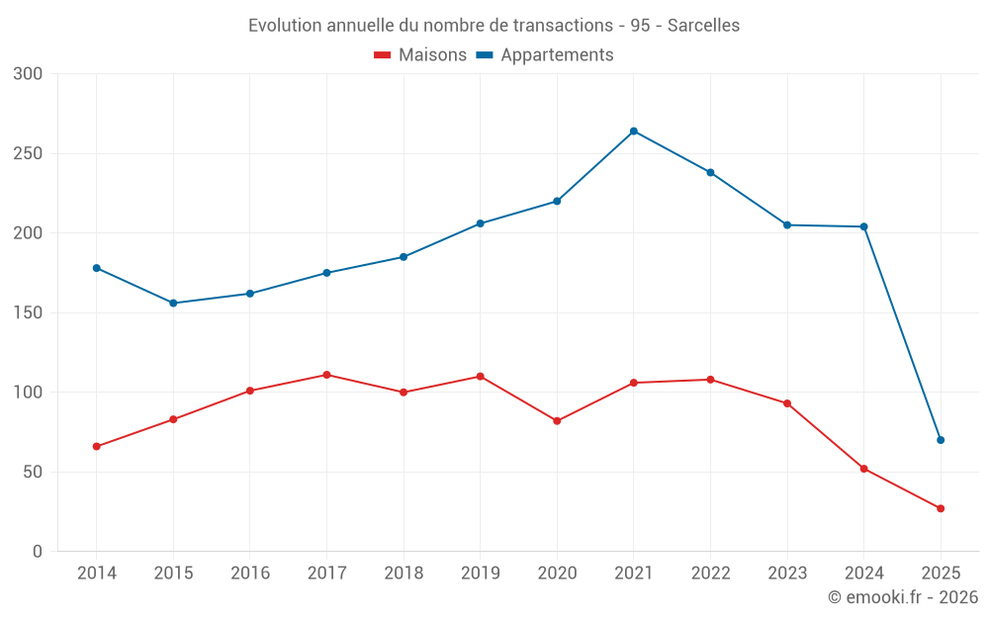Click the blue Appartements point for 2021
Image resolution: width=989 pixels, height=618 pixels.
(x=634, y=131)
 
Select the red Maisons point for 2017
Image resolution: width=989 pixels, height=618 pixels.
(x=326, y=375)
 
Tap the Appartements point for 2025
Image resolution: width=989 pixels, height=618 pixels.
(x=941, y=440)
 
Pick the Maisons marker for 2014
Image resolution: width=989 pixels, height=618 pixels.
(x=97, y=446)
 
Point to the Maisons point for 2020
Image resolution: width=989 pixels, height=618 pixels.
(x=557, y=421)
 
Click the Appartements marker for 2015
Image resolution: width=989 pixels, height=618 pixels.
(x=173, y=303)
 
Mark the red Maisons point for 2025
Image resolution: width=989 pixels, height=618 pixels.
(x=941, y=508)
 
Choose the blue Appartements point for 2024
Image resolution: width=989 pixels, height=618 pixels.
(x=864, y=226)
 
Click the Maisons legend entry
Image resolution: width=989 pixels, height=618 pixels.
(x=420, y=55)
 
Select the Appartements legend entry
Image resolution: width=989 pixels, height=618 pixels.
(x=545, y=55)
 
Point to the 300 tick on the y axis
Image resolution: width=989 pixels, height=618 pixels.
(x=29, y=74)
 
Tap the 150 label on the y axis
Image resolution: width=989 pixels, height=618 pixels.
(x=29, y=313)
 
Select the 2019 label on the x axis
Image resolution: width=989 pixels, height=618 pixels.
(x=481, y=574)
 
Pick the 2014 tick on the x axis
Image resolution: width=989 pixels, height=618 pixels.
(x=97, y=574)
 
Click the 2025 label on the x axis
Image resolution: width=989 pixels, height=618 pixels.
(x=941, y=574)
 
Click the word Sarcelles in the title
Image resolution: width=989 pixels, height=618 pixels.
(x=703, y=26)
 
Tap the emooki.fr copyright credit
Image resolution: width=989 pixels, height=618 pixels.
(x=903, y=597)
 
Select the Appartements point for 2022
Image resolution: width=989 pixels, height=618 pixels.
(x=710, y=172)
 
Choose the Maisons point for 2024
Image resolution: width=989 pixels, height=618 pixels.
(x=864, y=469)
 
